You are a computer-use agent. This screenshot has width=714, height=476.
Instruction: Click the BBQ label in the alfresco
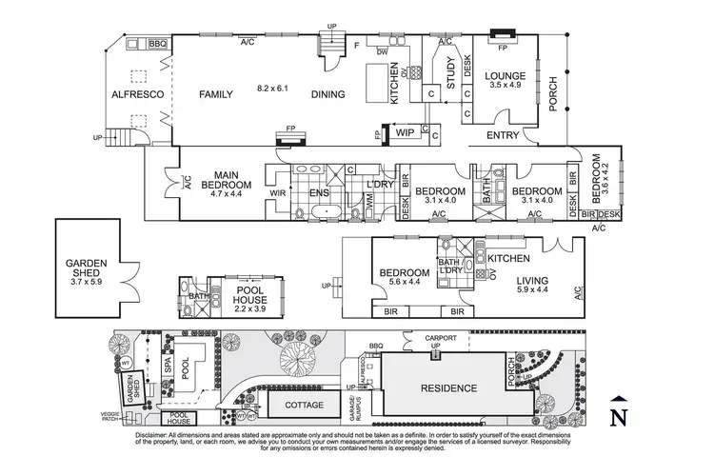click(x=158, y=43)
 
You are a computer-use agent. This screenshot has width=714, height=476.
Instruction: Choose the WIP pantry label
click(x=405, y=133)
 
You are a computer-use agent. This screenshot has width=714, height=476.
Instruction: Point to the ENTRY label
click(x=503, y=136)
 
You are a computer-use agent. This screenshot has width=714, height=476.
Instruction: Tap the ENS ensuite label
click(x=319, y=192)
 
